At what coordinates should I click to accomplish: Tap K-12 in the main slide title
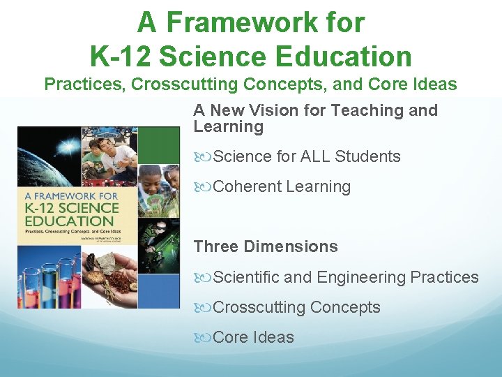pos(121,55)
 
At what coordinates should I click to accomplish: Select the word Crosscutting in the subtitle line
pos(174,84)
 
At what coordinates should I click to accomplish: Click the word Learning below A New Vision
pos(228,126)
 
